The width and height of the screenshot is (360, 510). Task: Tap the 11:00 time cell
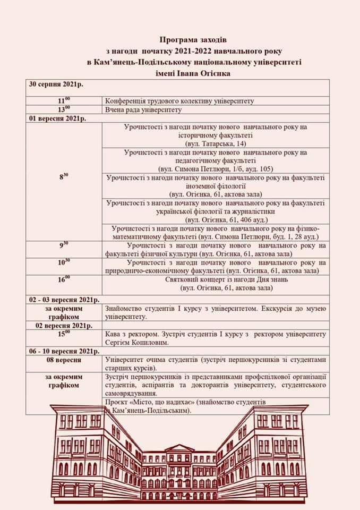[x=64, y=100]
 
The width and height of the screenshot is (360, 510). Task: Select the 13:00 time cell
[x=64, y=109]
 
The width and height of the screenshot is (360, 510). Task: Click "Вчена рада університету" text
[x=143, y=110]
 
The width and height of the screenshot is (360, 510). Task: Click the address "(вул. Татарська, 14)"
[x=216, y=144]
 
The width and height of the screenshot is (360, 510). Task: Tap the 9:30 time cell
[x=64, y=245]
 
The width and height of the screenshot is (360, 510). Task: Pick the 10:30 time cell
[x=64, y=262]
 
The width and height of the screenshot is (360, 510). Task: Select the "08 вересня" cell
[x=64, y=360]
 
